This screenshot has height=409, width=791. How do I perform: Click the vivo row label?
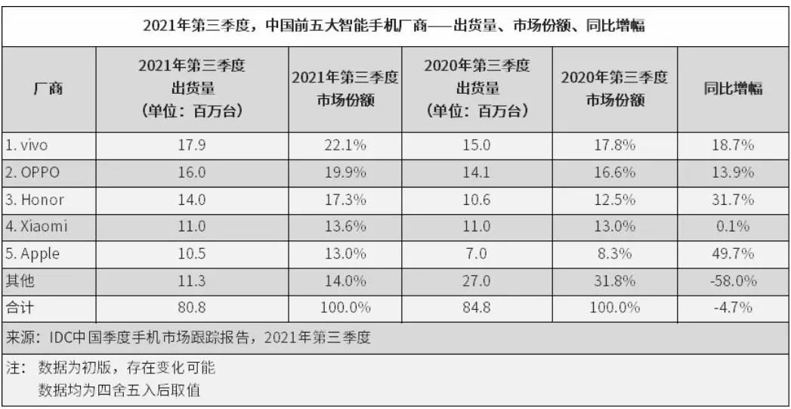(x=26, y=146)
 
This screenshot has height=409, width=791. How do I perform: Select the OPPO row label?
(x=32, y=172)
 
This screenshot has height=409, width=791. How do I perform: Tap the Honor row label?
(x=35, y=200)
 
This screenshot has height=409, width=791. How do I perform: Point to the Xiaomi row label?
(x=36, y=227)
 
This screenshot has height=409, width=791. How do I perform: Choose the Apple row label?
(x=32, y=254)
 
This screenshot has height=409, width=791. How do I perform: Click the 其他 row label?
(x=20, y=280)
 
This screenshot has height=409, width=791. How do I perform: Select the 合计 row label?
(x=20, y=308)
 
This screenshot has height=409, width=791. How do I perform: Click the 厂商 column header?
(x=48, y=89)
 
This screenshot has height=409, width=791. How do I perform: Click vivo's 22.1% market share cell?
(x=345, y=146)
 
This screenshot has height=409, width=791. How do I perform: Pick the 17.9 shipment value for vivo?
(x=192, y=146)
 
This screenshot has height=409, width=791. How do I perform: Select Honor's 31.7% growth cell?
(x=734, y=200)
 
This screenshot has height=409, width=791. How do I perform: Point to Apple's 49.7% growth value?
(x=734, y=254)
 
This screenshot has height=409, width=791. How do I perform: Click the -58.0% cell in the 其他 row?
(x=734, y=280)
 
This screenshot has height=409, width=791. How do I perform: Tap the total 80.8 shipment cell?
(x=192, y=308)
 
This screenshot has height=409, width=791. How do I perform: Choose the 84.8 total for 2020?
(x=477, y=308)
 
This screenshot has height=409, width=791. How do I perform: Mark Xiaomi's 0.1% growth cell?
(x=734, y=227)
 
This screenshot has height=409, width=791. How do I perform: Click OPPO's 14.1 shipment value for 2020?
(x=477, y=172)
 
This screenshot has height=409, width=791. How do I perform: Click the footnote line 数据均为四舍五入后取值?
(x=119, y=390)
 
